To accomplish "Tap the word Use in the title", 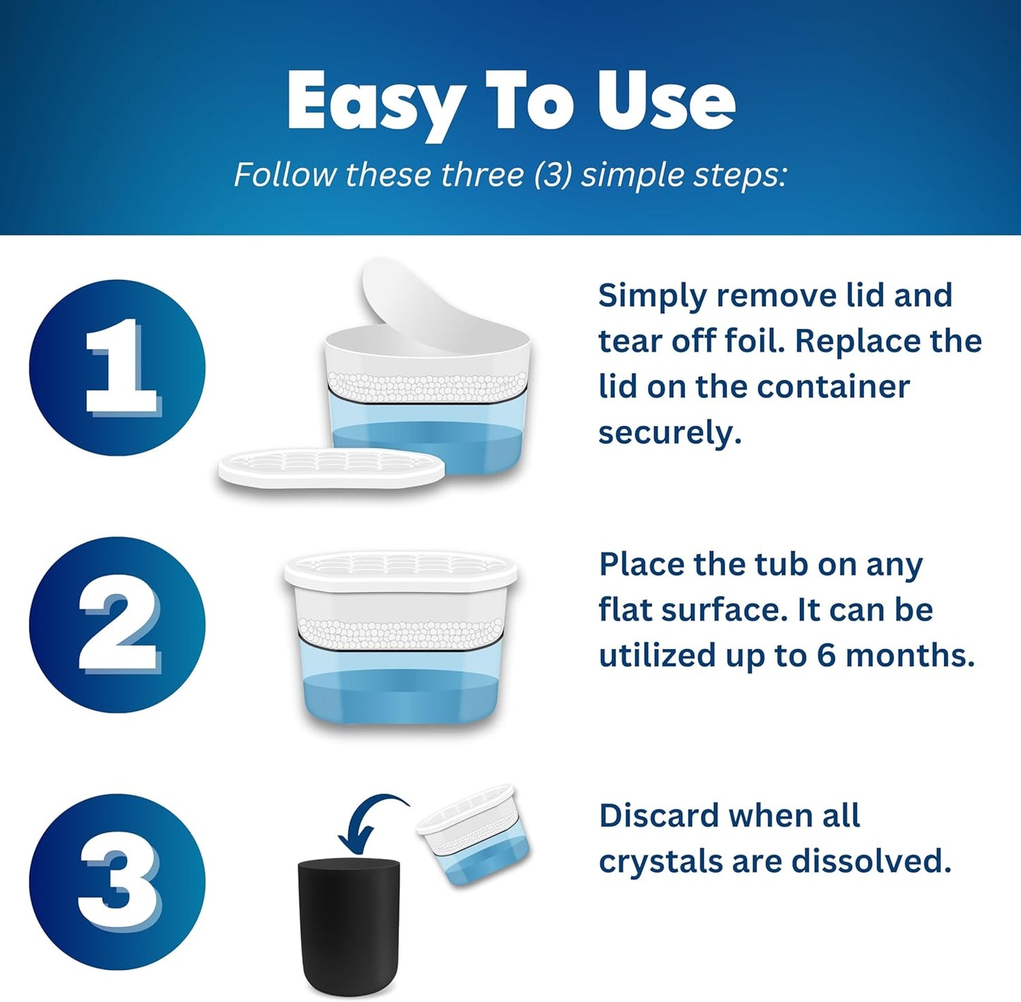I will pos(665,101).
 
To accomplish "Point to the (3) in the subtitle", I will pos(553,175).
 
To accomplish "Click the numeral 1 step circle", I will pos(117,367).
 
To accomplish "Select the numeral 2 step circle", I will pos(117,624).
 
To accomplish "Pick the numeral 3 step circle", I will pos(117,882).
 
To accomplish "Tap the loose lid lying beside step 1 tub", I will pos(331,467).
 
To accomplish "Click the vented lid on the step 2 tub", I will pos(401,570).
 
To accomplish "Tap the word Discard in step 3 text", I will pos(657,816).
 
